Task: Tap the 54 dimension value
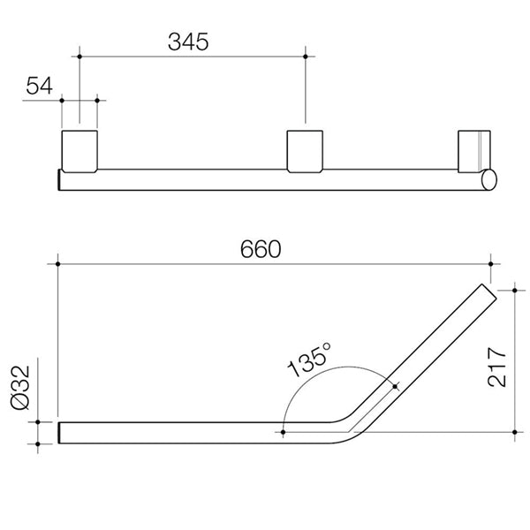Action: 40,86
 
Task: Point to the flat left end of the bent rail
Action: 60,433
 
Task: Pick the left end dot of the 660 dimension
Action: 58,262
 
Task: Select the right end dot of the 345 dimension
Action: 306,56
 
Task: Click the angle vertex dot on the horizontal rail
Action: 282,432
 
